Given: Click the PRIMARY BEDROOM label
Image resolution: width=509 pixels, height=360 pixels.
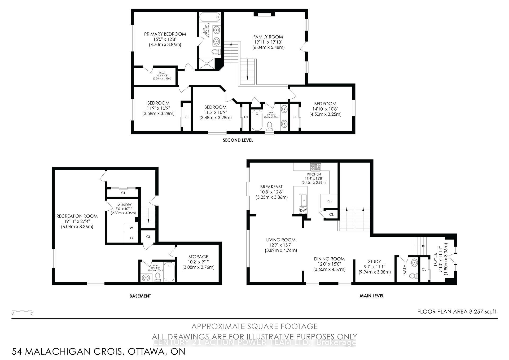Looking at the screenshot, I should coord(165,34).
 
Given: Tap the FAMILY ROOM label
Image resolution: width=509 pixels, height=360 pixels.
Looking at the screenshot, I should coord(268,37).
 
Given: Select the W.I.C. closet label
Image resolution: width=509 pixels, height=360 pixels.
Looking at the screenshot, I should coord(162,73).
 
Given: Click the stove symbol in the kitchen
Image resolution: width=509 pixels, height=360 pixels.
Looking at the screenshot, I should coord(315,167).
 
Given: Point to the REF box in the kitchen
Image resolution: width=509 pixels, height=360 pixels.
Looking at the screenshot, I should coord(329,201).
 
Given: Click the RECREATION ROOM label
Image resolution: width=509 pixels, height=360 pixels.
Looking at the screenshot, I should coord(77,216).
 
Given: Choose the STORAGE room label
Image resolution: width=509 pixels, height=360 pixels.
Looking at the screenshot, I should coord(198,257).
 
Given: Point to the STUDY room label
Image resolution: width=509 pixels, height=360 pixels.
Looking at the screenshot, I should coord(374,261).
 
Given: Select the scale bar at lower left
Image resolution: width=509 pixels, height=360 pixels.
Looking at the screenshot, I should coord(22,311).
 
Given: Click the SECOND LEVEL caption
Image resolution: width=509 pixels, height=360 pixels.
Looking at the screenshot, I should coord(238,140).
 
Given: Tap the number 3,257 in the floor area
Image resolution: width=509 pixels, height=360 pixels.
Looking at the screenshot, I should coord(477,311).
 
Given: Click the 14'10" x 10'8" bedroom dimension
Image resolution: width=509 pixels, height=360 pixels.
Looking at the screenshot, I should coord(325,109).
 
